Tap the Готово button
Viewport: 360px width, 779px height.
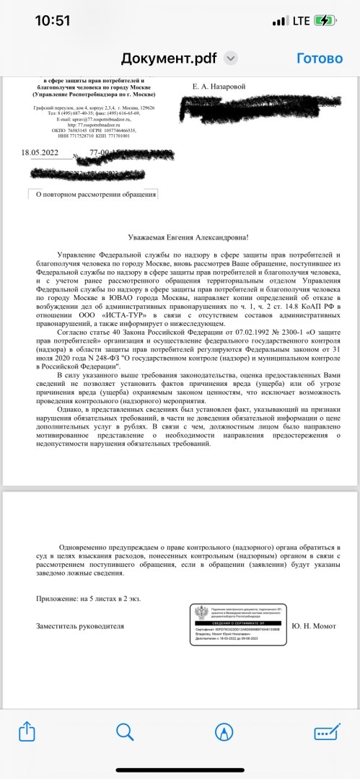click(x=319, y=58)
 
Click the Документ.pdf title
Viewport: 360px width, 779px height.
click(x=170, y=58)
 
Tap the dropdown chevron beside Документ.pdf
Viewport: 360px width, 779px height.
click(x=231, y=58)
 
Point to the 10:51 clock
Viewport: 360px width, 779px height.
click(x=53, y=21)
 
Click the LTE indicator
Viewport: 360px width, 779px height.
click(x=301, y=21)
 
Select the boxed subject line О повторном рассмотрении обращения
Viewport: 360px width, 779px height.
click(x=92, y=193)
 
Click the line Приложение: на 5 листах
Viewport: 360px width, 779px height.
click(x=88, y=598)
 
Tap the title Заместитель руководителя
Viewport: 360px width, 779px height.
click(x=79, y=626)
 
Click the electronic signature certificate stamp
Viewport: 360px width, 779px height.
click(x=238, y=625)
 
